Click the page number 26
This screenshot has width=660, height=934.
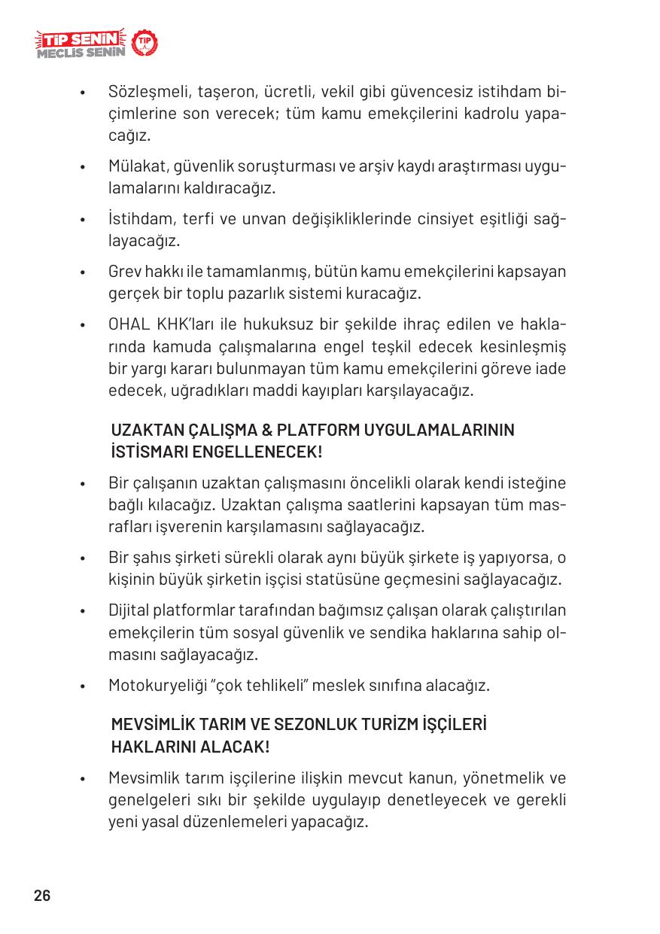[x=42, y=896]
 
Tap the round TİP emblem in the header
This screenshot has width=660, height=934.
[x=144, y=44]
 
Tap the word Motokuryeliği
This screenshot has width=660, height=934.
[x=156, y=686]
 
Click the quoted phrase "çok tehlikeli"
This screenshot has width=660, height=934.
[x=260, y=686]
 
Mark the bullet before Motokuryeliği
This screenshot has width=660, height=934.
[x=89, y=687]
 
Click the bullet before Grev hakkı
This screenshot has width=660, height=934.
[x=89, y=272]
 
